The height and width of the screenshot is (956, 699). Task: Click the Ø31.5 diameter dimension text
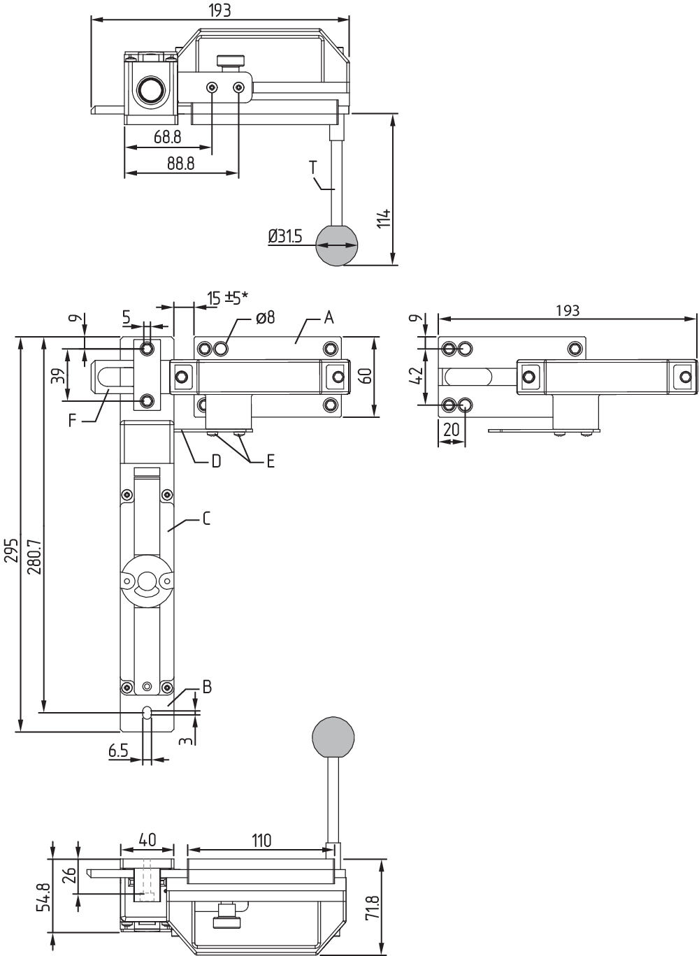pyautogui.click(x=285, y=236)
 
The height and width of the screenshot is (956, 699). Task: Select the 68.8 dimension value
pyautogui.click(x=168, y=137)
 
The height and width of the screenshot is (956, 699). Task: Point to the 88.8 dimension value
pyautogui.click(x=180, y=163)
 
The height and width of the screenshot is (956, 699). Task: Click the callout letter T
pyautogui.click(x=314, y=167)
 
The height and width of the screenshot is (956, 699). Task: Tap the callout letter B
pyautogui.click(x=206, y=687)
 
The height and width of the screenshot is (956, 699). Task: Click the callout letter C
pyautogui.click(x=206, y=519)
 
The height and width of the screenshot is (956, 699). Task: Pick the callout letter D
pyautogui.click(x=216, y=461)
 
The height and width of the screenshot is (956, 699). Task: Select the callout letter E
pyautogui.click(x=270, y=461)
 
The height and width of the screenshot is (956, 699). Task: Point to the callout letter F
pyautogui.click(x=73, y=420)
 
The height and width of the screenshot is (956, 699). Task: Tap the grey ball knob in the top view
pyautogui.click(x=336, y=245)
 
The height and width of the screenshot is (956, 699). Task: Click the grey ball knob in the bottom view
pyautogui.click(x=333, y=736)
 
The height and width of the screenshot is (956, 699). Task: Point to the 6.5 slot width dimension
pyautogui.click(x=119, y=751)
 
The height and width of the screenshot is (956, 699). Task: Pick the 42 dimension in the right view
pyautogui.click(x=416, y=375)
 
